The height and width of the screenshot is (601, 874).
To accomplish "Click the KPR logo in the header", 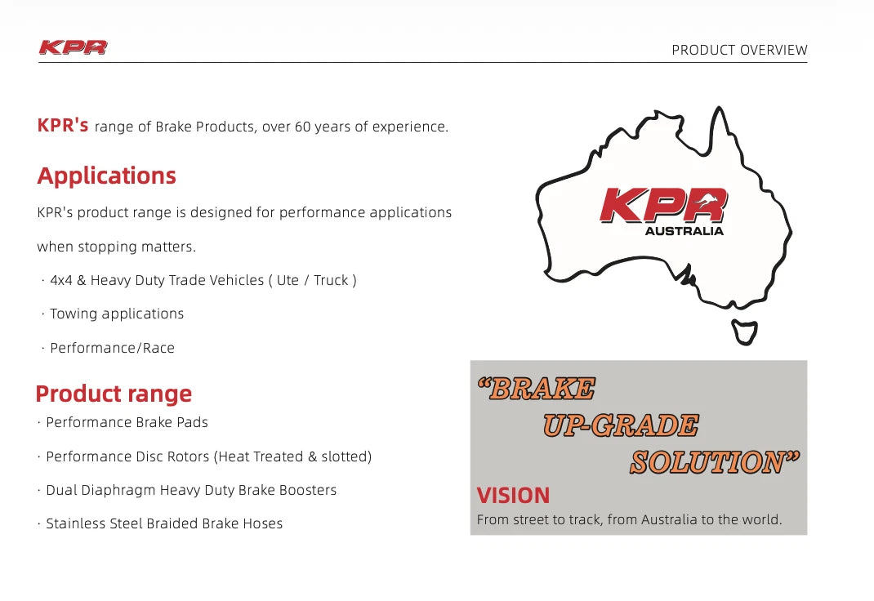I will [73, 47].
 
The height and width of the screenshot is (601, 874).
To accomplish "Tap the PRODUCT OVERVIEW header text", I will [739, 50].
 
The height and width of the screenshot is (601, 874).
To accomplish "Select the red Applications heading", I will [106, 176].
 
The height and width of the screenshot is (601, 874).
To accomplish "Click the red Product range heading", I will [114, 394].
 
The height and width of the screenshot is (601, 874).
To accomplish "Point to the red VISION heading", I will [513, 496].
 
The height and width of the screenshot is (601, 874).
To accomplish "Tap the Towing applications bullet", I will [116, 314].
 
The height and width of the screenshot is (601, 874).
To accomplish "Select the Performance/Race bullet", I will [112, 348].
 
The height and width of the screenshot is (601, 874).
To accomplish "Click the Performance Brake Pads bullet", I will [127, 422].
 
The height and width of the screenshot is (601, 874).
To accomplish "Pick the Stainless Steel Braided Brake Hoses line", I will [164, 523].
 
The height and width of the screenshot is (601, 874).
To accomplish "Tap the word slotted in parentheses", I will [344, 456].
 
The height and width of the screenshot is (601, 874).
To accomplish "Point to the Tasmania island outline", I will [744, 331].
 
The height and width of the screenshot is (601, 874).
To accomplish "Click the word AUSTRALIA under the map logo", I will [684, 231].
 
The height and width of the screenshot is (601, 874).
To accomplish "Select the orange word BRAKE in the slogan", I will [540, 389].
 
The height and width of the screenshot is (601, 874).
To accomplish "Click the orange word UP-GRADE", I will [621, 425].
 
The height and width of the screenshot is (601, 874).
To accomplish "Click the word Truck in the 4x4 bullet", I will [331, 280].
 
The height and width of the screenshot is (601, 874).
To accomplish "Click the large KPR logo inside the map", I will [662, 206].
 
